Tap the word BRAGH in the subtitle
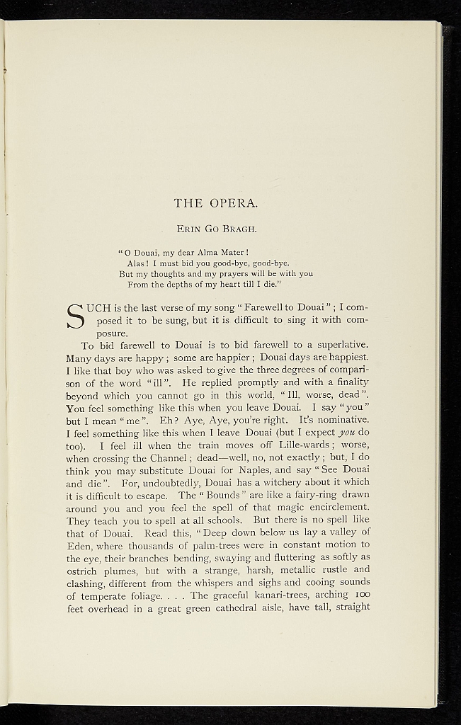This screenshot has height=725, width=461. coord(243,229)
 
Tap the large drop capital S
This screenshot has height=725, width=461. coord(75,316)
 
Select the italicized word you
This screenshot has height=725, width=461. coord(346,433)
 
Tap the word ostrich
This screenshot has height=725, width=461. coord(85,570)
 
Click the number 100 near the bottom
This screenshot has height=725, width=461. coord(360,595)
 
